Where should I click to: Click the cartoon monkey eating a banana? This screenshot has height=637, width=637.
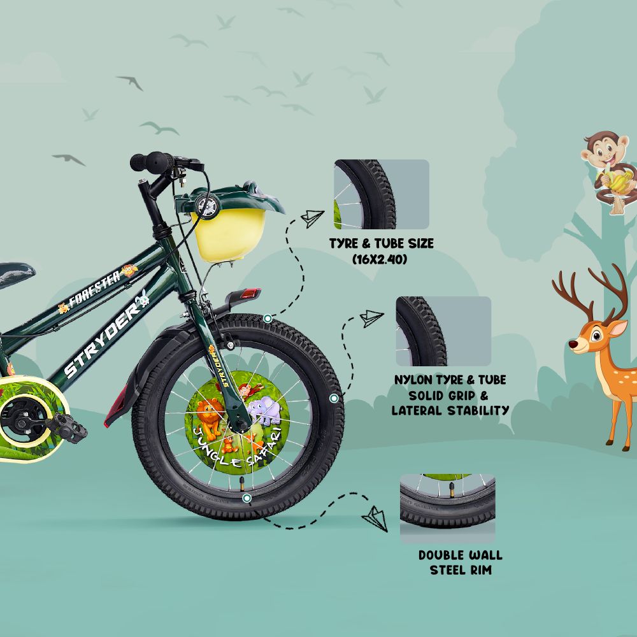coord(607,173)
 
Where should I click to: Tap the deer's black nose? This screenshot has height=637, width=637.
coord(573,345)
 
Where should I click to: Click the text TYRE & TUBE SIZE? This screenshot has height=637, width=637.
coord(381,243)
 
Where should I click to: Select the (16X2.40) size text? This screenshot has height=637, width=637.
coord(380,259)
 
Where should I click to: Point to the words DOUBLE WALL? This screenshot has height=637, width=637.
coord(461,555)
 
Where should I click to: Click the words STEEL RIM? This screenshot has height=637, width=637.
coord(461,570)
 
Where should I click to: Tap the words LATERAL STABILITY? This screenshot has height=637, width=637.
coord(450,410)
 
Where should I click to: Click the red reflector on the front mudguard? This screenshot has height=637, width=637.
coord(250,293)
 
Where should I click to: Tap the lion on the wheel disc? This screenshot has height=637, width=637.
coord(209,419)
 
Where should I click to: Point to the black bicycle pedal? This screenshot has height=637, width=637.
coord(67,428)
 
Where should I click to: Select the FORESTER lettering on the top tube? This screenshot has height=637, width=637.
coord(94,289)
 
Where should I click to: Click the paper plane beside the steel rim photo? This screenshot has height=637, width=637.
coord(375,519)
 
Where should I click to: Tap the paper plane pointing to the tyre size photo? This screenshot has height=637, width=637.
coord(312,218)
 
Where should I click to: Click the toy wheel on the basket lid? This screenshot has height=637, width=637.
coord(207,206)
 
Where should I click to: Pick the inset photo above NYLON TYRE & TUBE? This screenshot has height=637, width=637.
coord(443,331)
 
